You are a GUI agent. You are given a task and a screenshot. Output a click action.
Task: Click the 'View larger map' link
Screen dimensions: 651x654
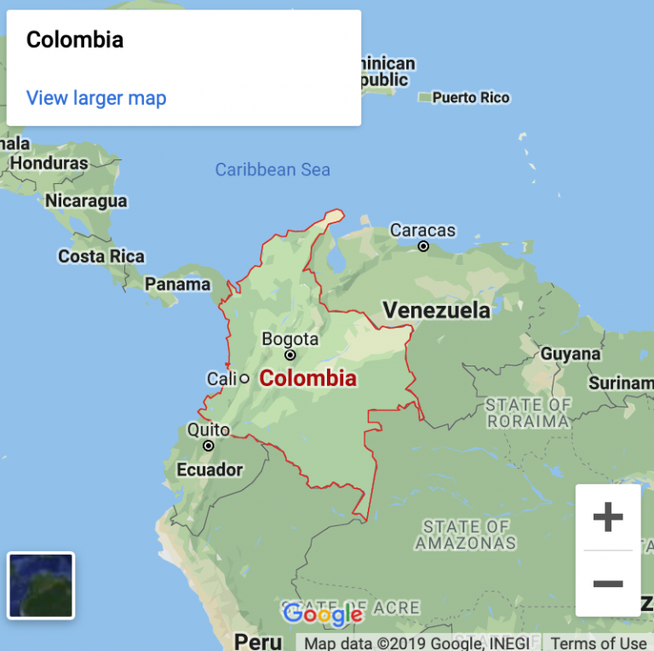96,98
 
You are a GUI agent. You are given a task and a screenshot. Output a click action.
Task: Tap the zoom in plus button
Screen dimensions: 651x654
608,517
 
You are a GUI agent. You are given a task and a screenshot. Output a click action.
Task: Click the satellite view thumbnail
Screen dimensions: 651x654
41,585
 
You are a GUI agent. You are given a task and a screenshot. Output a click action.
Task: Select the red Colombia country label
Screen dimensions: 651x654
307,378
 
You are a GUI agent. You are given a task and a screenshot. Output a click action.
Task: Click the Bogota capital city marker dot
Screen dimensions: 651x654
290,355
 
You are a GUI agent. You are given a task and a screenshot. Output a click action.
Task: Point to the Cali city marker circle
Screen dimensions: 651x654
244,377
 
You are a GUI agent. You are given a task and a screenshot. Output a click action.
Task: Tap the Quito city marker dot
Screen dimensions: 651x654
209,445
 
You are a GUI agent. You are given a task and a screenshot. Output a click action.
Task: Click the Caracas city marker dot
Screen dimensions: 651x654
423,246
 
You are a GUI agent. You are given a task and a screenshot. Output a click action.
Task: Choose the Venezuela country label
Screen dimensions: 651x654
436,309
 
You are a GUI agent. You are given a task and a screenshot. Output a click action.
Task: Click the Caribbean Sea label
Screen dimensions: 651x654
272,170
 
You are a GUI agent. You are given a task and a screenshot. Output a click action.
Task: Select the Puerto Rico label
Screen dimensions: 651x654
471,98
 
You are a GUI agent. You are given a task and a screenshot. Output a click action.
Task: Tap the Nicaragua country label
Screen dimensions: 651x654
86,201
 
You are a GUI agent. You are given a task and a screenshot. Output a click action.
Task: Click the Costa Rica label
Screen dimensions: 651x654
101,256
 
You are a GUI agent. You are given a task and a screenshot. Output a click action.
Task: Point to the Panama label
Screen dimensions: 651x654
177,285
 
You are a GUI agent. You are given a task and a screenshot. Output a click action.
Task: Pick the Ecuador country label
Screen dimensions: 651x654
209,470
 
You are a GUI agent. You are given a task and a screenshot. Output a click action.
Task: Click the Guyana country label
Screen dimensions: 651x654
571,354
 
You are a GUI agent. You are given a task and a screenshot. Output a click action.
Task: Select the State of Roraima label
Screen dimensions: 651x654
528,412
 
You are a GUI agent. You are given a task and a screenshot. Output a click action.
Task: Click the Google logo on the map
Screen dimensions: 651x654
322,614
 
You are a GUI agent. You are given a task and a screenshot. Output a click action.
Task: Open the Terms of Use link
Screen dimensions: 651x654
599,643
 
